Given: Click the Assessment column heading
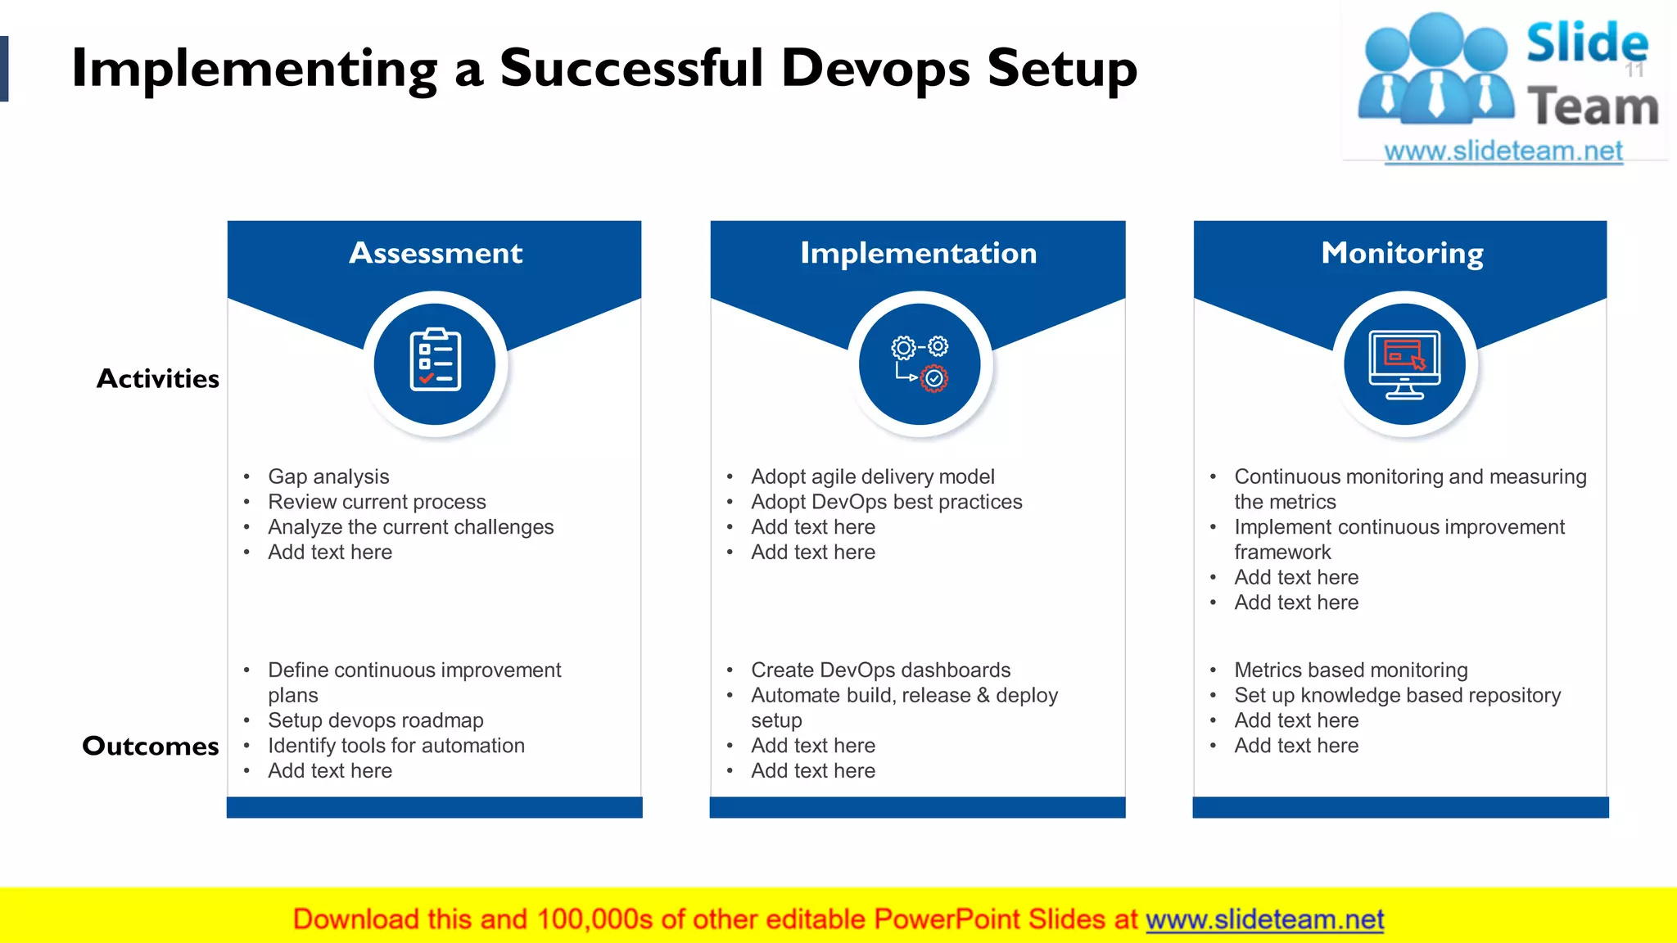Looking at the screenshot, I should point(436,253).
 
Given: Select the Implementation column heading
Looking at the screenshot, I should point(918,253).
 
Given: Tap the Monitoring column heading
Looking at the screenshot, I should point(1402,253).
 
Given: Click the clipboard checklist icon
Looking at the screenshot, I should point(435,360).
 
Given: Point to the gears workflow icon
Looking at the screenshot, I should point(920,362).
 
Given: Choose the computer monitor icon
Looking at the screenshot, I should point(1404,363).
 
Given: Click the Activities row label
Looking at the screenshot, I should point(158,378).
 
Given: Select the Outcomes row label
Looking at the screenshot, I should point(151,746).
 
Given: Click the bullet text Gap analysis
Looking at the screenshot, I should point(328,476).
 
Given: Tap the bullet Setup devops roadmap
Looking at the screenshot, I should point(375,720).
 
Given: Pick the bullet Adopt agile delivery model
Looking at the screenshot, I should point(872,476).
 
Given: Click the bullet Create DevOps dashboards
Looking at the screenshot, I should point(880,670).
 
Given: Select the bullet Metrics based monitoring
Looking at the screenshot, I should point(1350,670).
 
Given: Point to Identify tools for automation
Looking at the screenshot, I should point(396,746).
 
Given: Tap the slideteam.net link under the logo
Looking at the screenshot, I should point(1503,151).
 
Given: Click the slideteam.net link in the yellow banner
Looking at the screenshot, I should point(1264,919).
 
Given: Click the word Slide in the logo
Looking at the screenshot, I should point(1586,43).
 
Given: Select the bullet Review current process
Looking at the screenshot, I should point(377,502).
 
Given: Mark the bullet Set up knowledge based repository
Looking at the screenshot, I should point(1397,695).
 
